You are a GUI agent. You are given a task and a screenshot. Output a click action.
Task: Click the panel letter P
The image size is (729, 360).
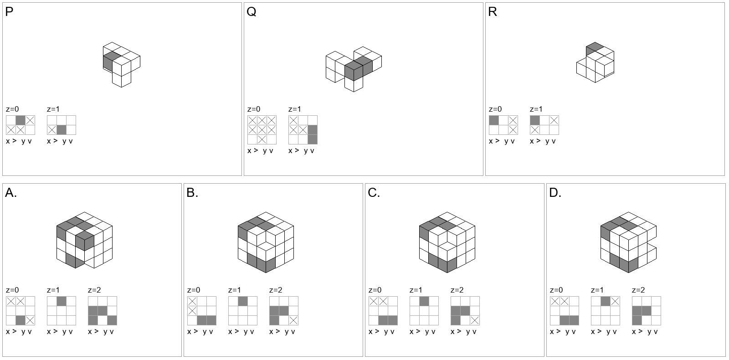point(9,12)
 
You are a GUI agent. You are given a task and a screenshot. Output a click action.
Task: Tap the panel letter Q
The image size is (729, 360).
point(252,12)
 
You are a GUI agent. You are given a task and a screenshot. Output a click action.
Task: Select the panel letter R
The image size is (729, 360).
point(493,12)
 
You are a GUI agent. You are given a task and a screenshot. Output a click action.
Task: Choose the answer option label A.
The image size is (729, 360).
point(11,193)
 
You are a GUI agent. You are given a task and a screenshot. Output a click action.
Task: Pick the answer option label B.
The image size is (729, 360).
point(192,193)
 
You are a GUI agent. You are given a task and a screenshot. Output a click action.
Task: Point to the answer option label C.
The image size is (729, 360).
point(374,193)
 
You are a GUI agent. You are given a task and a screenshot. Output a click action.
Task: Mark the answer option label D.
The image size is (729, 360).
point(555,193)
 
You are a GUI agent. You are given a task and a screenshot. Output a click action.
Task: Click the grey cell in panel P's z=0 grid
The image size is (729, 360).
point(21,120)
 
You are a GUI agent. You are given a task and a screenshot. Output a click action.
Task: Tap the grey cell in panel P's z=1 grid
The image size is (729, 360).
point(62,130)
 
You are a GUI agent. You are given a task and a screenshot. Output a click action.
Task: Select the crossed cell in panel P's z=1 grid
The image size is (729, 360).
point(52,130)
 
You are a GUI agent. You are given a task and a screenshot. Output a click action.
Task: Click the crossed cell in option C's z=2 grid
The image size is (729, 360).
point(475,320)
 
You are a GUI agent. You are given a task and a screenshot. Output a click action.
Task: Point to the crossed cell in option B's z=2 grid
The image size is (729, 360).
point(293,320)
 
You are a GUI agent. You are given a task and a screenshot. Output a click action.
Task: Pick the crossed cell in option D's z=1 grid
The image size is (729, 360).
point(615,301)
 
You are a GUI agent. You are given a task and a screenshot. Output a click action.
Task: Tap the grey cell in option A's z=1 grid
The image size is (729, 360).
point(62,301)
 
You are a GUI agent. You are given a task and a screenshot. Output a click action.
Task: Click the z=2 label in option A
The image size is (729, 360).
point(94,290)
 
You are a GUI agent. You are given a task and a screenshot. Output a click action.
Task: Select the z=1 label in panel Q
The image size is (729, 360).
point(295,109)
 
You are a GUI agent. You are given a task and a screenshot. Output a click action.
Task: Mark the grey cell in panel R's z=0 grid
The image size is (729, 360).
point(494,120)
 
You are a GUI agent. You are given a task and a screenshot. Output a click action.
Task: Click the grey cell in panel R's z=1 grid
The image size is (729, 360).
point(535,120)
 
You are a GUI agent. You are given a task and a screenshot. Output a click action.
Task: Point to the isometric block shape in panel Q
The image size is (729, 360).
point(354,69)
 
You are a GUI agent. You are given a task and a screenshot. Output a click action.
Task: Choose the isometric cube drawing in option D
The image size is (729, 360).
point(628,242)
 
